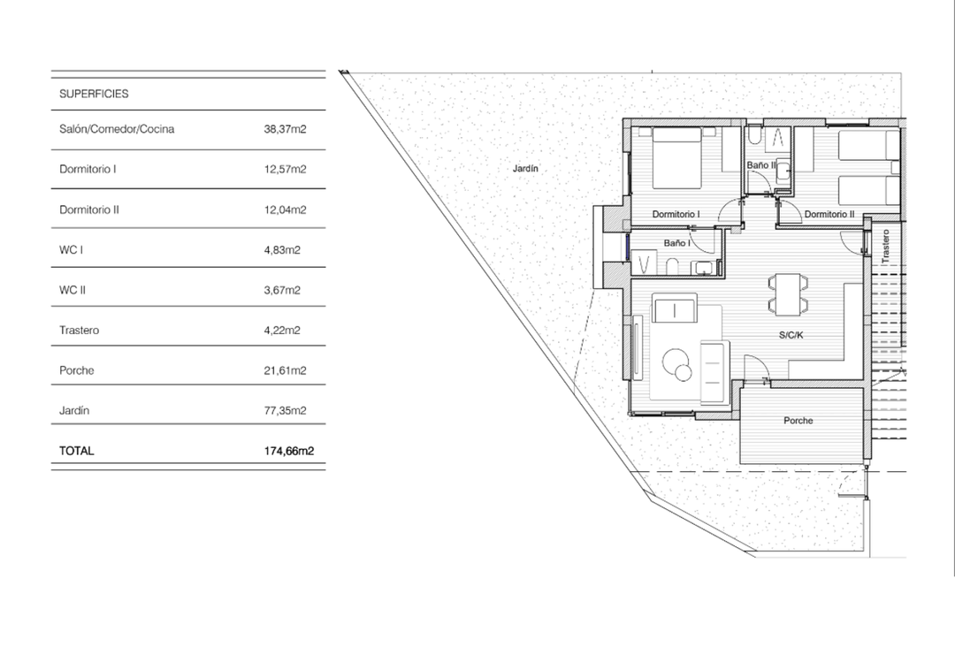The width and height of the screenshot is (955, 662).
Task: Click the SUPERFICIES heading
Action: point(94,93)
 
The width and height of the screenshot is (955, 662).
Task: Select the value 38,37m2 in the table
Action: point(285,129)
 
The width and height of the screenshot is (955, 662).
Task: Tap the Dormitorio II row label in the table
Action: point(89,209)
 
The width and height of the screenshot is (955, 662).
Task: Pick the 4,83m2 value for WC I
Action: point(282,250)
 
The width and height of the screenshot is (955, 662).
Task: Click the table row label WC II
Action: point(73,290)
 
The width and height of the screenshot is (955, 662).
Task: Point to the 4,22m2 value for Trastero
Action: point(282,331)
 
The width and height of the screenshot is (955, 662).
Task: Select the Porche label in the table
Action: point(76,370)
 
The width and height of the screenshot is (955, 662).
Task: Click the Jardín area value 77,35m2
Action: point(285,411)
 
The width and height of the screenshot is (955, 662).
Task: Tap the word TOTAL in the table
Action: point(76,451)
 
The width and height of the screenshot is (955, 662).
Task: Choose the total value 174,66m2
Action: point(289,451)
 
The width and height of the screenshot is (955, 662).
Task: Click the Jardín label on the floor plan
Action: point(525,169)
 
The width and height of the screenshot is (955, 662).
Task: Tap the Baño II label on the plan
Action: point(760,165)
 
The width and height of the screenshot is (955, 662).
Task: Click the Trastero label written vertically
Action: point(884,247)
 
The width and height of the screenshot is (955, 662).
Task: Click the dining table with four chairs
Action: point(788,293)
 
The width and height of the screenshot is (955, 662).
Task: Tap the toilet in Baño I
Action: point(672,264)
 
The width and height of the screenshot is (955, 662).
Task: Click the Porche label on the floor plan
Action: point(798,421)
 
